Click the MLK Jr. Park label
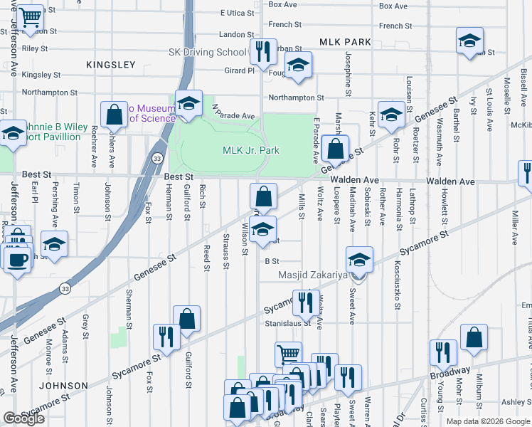[250, 150]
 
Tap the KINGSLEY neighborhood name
[110, 65]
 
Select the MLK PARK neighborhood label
[345, 42]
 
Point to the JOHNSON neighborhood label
[64, 386]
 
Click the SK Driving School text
[206, 52]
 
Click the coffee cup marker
[16, 259]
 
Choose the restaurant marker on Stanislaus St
[304, 302]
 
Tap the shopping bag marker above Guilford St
[186, 320]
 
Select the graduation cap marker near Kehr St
[390, 115]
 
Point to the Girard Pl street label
[239, 70]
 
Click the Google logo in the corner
[23, 418]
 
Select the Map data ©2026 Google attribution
[489, 421]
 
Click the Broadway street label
[449, 371]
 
